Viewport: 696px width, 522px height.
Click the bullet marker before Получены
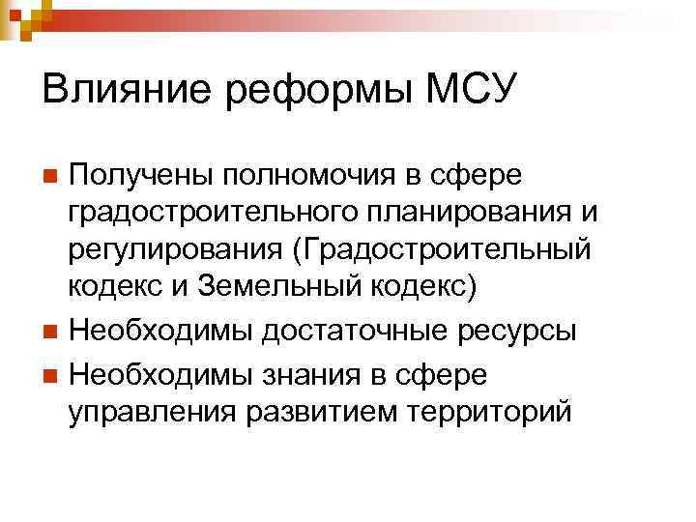(x=53, y=177)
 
